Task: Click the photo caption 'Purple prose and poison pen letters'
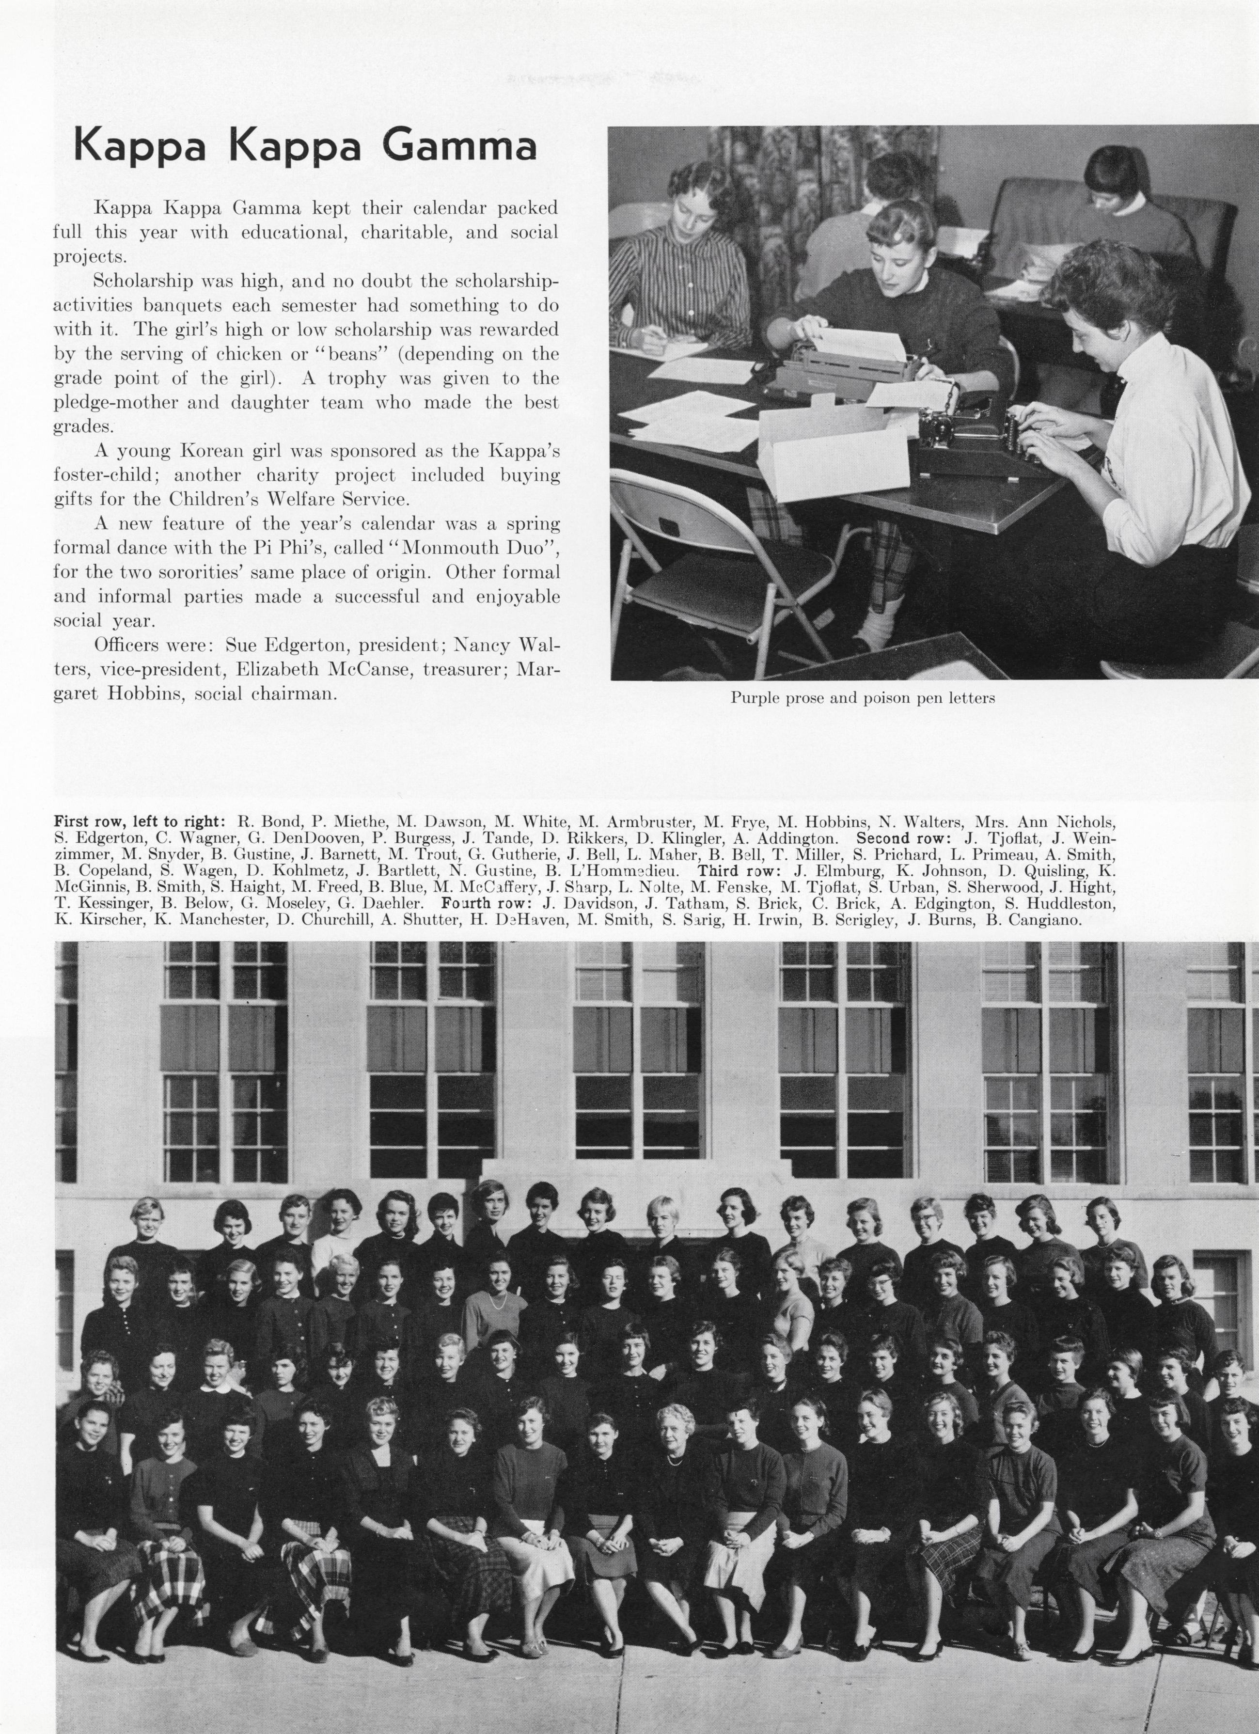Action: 862,697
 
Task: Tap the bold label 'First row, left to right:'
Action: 139,822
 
